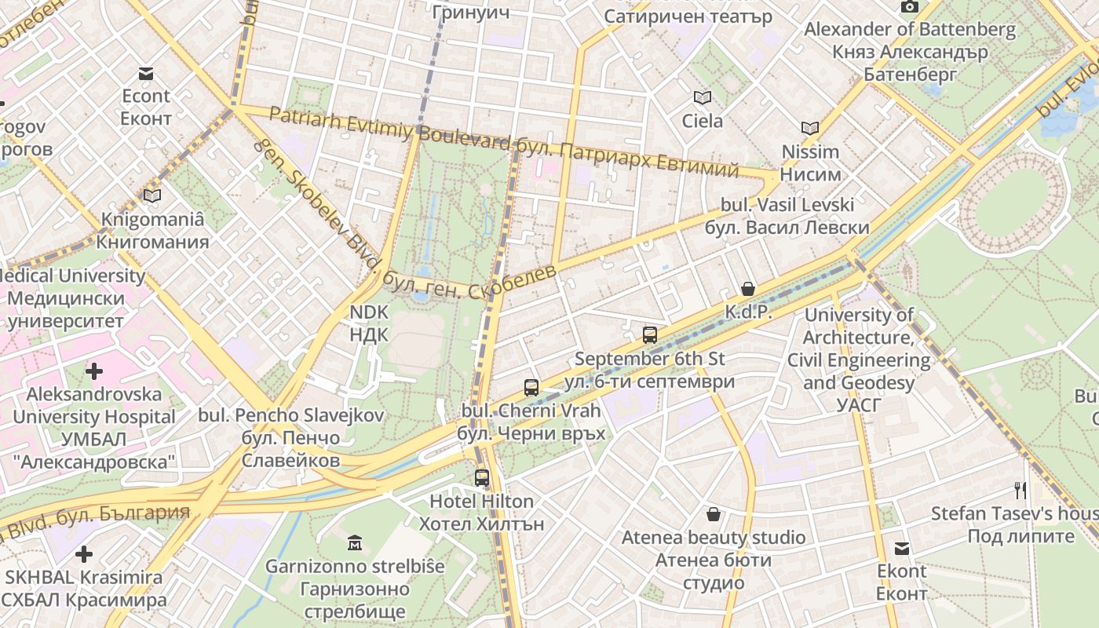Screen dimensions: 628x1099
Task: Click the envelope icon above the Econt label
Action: [145, 74]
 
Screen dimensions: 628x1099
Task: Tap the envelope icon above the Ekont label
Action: [902, 549]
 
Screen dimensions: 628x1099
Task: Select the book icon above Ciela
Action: [702, 98]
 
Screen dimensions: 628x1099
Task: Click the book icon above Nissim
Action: [809, 128]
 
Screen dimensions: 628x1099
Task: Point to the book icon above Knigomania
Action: [152, 195]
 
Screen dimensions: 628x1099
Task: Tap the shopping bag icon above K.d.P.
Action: [747, 289]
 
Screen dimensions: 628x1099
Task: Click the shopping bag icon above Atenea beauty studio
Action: [714, 514]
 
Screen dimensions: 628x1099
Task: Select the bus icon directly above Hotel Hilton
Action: [482, 477]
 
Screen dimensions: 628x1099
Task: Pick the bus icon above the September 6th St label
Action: [650, 335]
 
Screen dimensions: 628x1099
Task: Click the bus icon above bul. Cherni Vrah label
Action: [531, 387]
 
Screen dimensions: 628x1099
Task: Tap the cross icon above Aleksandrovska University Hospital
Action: [94, 371]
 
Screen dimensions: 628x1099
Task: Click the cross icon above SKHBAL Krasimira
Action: [84, 554]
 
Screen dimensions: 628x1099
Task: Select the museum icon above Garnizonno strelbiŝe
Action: [354, 542]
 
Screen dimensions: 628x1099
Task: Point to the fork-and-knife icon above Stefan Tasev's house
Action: [1020, 491]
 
